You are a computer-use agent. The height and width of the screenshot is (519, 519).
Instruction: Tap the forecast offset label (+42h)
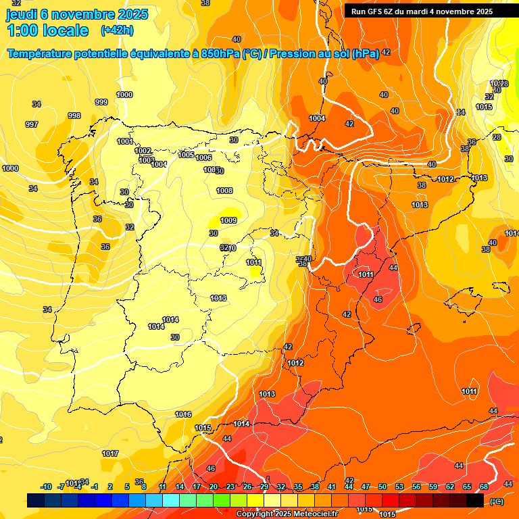[x=117, y=30]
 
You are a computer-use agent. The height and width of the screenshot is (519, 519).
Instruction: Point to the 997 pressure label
[x=32, y=124]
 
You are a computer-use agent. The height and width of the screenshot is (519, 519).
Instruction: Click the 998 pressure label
[x=74, y=116]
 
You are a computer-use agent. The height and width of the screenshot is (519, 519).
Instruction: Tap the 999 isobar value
[x=101, y=102]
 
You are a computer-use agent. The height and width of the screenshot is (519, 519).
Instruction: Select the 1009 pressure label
[x=228, y=220]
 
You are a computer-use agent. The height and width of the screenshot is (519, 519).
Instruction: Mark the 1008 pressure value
[x=224, y=191]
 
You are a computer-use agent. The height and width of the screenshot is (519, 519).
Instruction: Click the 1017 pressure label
[x=111, y=453]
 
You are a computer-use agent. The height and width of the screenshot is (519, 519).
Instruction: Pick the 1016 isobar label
[x=183, y=414]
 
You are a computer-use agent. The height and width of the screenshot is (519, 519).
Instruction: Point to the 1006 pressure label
[x=203, y=157]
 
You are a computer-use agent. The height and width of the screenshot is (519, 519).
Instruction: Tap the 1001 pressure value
[x=124, y=141]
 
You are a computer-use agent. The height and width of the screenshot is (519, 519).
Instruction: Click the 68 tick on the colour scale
[x=484, y=487]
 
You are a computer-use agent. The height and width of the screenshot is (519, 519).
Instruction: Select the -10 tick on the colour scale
[x=46, y=487]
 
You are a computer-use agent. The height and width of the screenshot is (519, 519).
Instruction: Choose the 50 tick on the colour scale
[x=382, y=487]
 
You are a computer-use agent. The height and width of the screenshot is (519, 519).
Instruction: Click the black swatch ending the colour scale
[x=475, y=500]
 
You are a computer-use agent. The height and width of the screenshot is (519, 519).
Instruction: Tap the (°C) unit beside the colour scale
[x=497, y=501]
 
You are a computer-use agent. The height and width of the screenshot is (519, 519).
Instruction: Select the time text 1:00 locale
[x=47, y=30]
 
